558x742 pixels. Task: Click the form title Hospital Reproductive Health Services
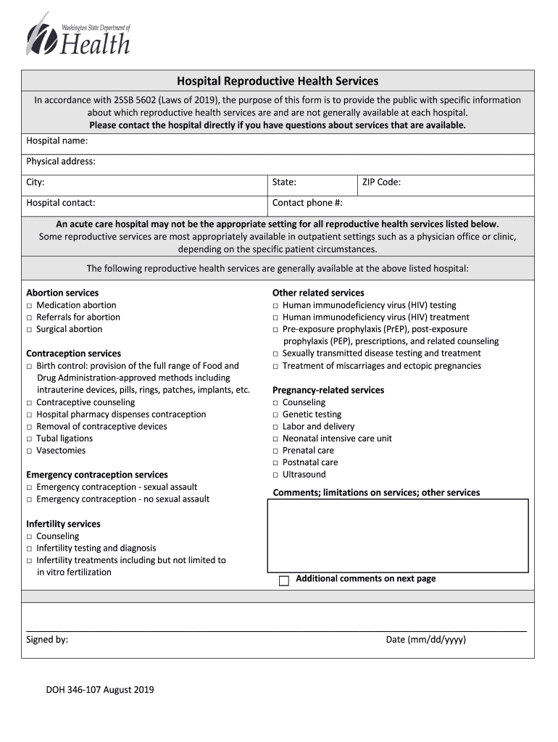(278, 81)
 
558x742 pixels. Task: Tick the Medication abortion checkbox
(30, 306)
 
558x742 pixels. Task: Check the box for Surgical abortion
(30, 330)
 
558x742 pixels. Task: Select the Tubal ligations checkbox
(30, 439)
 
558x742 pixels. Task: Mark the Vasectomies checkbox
(30, 451)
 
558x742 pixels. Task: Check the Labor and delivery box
(275, 428)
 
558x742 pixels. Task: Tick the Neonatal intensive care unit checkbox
(275, 439)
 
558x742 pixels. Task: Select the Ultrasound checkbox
(275, 475)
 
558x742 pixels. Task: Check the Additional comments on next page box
(284, 580)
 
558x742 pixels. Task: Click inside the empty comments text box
(397, 535)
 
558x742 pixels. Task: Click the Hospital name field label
(57, 141)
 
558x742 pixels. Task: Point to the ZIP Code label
(381, 183)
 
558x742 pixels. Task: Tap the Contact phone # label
(307, 204)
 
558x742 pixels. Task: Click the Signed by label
(47, 640)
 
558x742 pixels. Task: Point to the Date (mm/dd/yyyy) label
(425, 640)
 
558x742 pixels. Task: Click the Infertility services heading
(63, 524)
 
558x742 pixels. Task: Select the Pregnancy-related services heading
(328, 391)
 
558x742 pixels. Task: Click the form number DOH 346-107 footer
(100, 690)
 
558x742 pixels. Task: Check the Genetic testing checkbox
(275, 415)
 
